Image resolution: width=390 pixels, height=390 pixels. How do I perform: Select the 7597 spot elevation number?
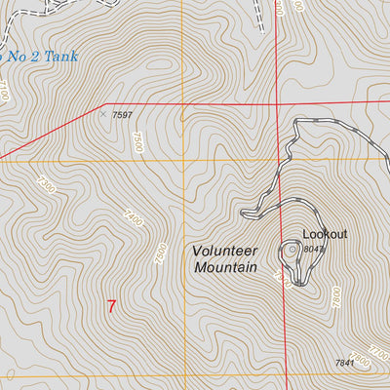click(x=122, y=115)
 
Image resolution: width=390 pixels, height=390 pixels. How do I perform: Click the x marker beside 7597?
click(x=102, y=113)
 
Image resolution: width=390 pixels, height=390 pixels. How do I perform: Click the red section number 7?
click(x=111, y=306)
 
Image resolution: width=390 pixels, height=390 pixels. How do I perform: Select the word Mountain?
click(x=225, y=266)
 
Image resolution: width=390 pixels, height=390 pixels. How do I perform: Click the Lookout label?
click(x=325, y=234)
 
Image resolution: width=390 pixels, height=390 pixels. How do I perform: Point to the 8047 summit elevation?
click(x=313, y=250)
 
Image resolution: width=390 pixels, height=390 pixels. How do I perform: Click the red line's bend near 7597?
click(x=104, y=103)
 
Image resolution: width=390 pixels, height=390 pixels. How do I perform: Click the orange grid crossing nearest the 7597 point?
click(x=182, y=160)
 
